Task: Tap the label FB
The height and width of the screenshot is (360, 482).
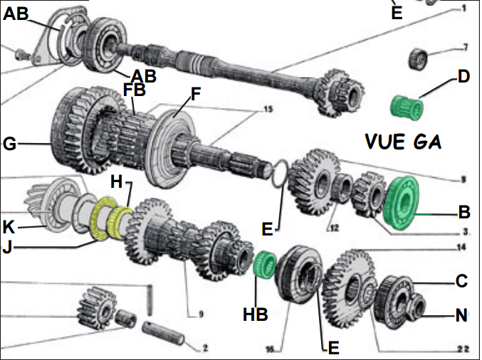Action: point(133,90)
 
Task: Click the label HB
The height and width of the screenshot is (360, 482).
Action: point(257,314)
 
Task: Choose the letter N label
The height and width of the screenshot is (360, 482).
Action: point(461,314)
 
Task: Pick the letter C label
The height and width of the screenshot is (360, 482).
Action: point(461,281)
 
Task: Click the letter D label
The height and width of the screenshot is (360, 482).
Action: point(463,75)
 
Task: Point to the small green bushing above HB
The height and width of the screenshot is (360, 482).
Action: point(264,264)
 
